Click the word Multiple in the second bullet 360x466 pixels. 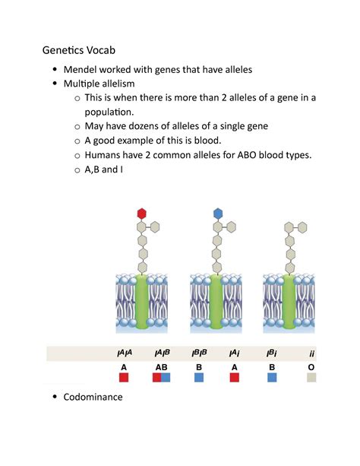click(85, 83)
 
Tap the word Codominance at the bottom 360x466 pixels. click(93, 397)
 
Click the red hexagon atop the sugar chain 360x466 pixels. click(141, 213)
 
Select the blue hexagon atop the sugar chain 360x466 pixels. click(218, 213)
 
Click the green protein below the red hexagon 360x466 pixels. click(141, 303)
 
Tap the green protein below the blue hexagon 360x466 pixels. click(217, 303)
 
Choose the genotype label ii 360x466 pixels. click(312, 353)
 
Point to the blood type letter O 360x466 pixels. click(311, 366)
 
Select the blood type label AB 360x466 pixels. click(161, 366)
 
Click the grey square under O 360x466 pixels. click(311, 377)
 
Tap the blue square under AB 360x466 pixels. click(166, 377)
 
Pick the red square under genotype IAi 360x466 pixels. click(235, 377)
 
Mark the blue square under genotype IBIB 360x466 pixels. click(200, 377)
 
